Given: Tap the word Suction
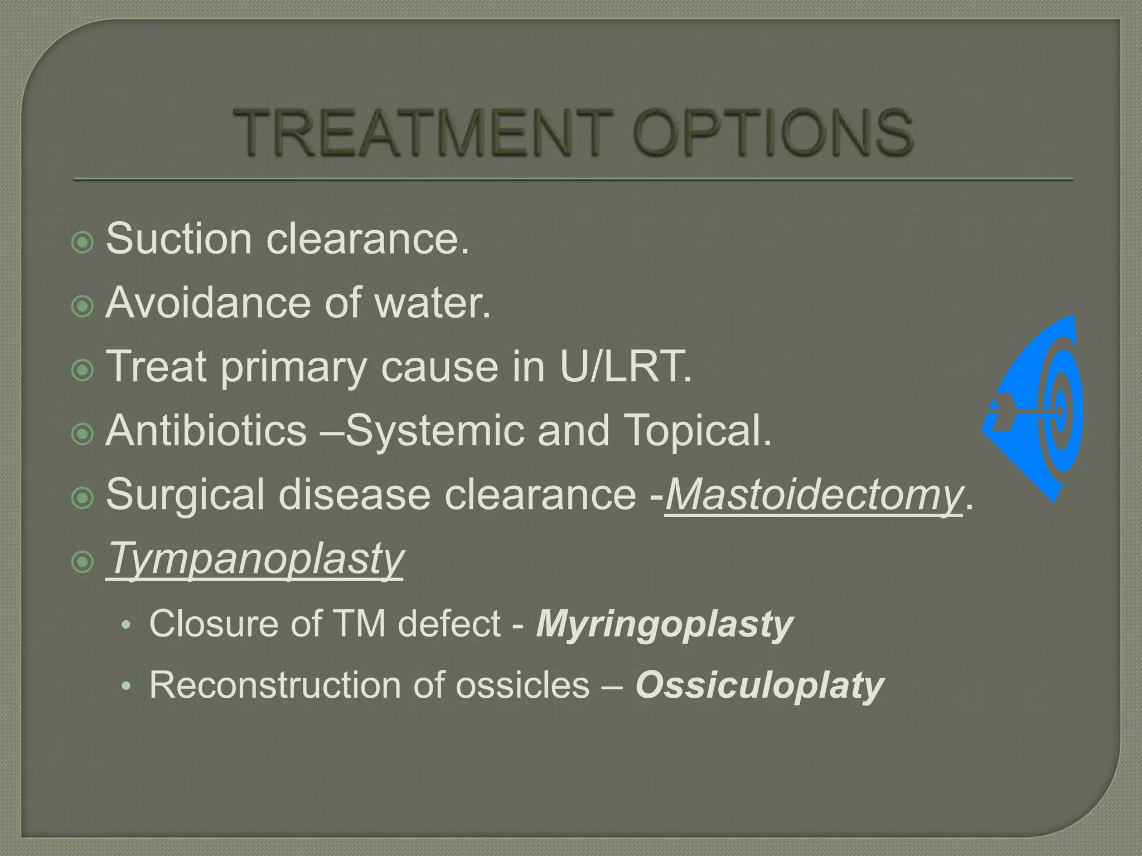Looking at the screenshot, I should click(x=179, y=239).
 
